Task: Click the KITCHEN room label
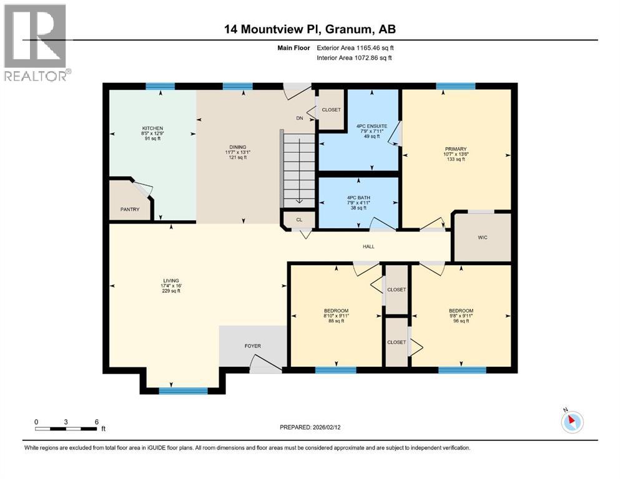click(152, 128)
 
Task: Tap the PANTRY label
click(130, 210)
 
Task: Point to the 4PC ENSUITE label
click(372, 126)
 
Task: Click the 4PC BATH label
click(359, 198)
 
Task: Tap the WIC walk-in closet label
click(482, 238)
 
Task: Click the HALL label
click(368, 247)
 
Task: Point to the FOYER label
click(252, 346)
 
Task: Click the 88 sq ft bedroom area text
click(336, 321)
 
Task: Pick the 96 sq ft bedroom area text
click(461, 321)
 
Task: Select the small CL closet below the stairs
click(299, 220)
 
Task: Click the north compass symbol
click(571, 421)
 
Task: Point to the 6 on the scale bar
click(96, 422)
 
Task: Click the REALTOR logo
click(36, 42)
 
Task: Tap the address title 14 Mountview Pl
click(310, 29)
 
